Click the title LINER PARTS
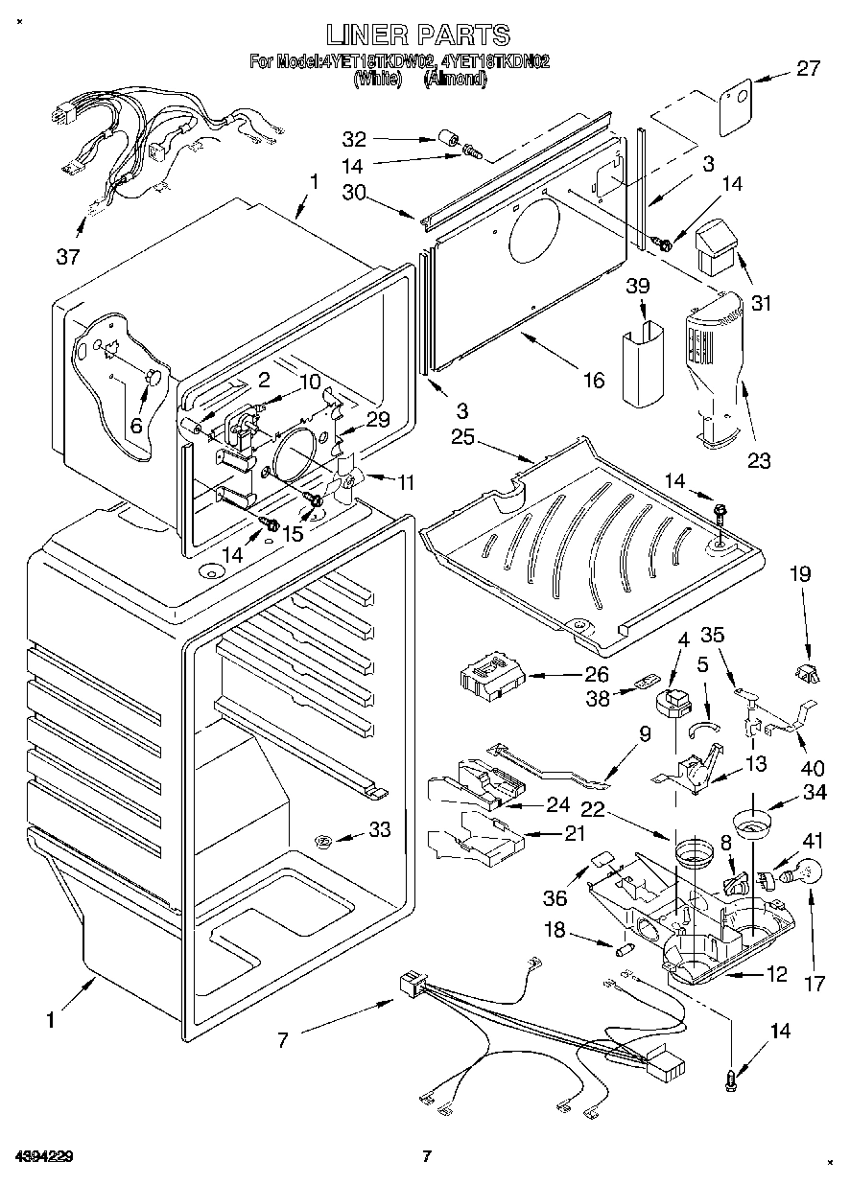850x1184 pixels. click(417, 35)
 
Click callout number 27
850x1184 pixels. click(809, 68)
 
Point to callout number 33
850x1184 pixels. click(380, 830)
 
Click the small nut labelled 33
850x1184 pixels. click(323, 841)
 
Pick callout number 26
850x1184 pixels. click(597, 675)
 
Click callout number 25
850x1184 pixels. click(463, 438)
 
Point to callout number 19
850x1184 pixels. click(800, 574)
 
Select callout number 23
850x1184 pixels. click(759, 459)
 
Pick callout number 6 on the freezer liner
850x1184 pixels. click(136, 426)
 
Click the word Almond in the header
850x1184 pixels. click(456, 81)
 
